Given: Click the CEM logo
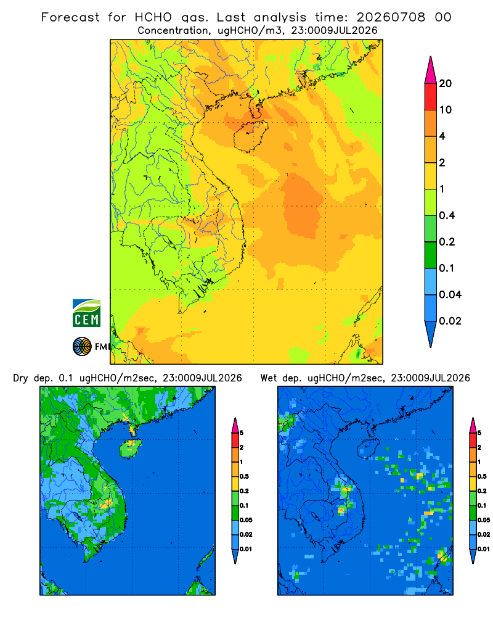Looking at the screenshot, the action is click(x=86, y=313).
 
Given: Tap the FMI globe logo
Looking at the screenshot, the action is click(x=82, y=346).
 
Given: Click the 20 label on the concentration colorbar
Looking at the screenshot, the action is click(x=446, y=83).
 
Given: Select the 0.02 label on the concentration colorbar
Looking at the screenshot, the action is click(x=450, y=321).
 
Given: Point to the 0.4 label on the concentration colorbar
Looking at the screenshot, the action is click(x=447, y=215).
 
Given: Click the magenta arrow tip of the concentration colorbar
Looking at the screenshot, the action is click(x=431, y=70).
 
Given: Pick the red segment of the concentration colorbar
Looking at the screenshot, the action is click(x=431, y=97).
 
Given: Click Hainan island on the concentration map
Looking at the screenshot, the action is click(x=250, y=136).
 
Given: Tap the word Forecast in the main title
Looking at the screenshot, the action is click(x=70, y=17).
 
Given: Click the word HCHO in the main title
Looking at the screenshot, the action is click(x=153, y=17).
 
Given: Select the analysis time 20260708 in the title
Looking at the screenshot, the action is click(x=391, y=17).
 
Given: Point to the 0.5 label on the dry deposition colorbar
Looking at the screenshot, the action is click(x=244, y=476).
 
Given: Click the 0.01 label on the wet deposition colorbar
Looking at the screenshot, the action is click(x=484, y=549).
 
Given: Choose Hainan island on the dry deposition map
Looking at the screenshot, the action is click(x=131, y=448).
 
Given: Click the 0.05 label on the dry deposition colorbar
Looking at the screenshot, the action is click(x=246, y=520).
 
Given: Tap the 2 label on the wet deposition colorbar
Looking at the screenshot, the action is click(x=479, y=447).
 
